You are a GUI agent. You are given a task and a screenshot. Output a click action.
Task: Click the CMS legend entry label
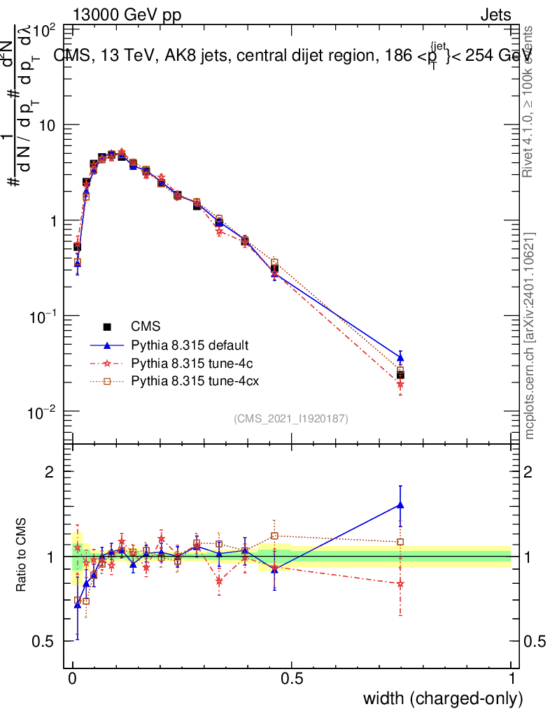point(146,327)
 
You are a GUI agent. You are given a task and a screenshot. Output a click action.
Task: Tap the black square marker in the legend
point(107,327)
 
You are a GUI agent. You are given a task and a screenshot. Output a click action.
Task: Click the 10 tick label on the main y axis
point(47,125)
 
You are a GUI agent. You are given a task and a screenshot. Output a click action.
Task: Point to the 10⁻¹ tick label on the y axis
point(43,316)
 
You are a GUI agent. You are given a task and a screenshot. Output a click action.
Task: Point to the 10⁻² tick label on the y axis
point(43,412)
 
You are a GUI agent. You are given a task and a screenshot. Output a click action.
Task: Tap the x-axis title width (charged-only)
point(442,699)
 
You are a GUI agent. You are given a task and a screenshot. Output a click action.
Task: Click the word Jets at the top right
point(495,15)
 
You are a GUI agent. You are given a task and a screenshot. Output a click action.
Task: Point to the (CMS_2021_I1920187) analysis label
point(291,419)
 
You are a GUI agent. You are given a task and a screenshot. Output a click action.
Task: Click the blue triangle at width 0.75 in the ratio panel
point(400,505)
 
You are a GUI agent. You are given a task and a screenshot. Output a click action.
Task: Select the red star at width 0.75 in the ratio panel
point(400,584)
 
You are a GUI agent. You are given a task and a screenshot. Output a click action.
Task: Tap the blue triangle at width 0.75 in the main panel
point(400,357)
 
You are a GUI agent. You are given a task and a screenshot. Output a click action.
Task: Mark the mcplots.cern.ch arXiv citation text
point(530,336)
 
